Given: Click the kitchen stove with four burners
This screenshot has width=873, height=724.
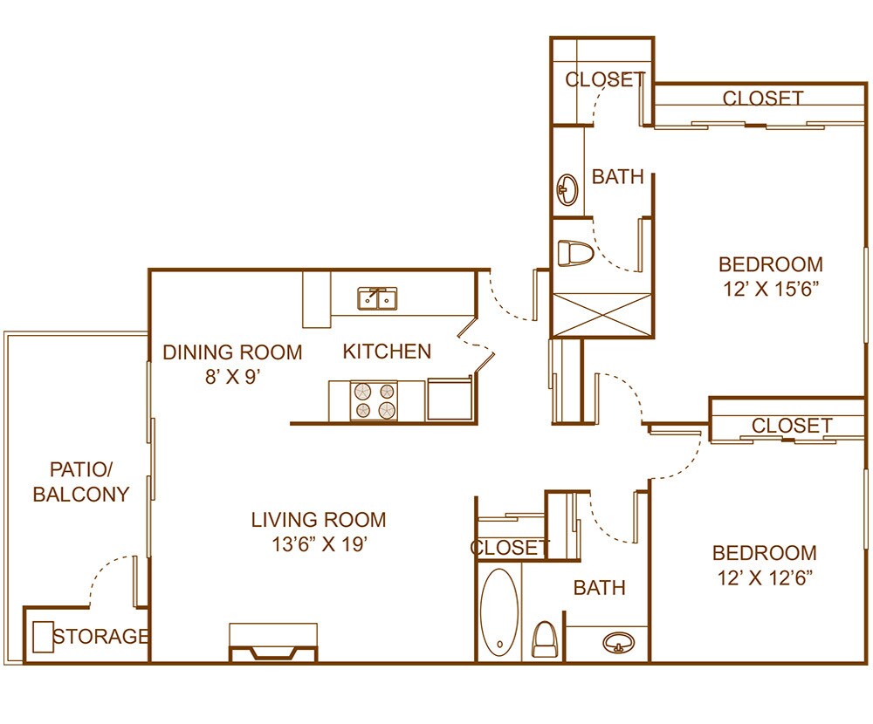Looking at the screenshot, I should (x=375, y=400).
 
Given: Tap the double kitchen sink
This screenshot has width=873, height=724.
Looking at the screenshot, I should (x=377, y=299).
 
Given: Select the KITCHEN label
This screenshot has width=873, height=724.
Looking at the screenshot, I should (x=387, y=352).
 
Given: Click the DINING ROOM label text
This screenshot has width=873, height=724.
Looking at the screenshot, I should (x=233, y=352).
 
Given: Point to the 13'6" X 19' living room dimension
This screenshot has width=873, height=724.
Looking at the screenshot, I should (x=318, y=545).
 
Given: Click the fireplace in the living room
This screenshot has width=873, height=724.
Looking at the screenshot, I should (x=272, y=644).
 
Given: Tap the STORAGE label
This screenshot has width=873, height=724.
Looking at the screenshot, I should (x=100, y=637).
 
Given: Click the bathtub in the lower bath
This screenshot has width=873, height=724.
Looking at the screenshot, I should (x=498, y=611).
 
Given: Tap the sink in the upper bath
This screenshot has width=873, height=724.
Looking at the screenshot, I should (x=567, y=188).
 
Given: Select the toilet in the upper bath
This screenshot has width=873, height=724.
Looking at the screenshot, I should (x=575, y=254).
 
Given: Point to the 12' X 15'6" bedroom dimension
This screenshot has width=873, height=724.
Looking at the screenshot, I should (x=770, y=289).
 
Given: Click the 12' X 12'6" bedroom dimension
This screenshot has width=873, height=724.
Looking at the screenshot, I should (x=765, y=577).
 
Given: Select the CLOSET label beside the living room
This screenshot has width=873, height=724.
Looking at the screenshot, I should (x=510, y=547).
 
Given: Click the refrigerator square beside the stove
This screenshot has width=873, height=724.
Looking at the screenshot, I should (x=450, y=400).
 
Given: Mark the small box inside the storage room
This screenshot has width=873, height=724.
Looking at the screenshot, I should (x=43, y=637).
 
